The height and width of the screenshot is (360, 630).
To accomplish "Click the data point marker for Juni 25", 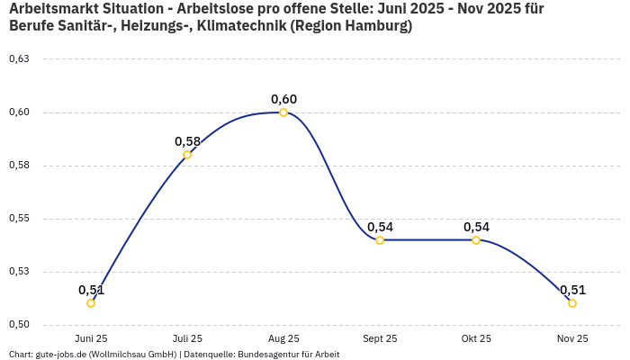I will coord(91,303).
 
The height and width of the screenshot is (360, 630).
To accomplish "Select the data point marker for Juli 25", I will coord(187,155).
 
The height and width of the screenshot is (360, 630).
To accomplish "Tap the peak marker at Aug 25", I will coord(283,112).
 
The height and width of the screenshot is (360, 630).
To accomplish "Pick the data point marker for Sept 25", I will coord(380,240).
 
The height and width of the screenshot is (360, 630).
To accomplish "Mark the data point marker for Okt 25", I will coord(476,240).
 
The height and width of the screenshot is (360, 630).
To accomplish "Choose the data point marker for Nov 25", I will coord(572,303).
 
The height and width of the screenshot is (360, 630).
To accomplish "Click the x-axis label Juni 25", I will coord(91,338).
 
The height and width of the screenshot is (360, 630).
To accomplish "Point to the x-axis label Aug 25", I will coord(283,338).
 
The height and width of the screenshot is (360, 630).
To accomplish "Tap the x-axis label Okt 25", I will coord(476,338).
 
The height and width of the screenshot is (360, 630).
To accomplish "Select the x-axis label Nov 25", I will coord(572,338).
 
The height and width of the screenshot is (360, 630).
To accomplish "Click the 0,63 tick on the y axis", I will coord(19,59).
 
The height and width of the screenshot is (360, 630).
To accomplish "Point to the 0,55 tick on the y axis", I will coord(19,219).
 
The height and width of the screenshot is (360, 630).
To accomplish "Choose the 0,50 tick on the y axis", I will coord(19,325).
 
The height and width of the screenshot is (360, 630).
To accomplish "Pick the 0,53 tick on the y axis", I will coord(19,272).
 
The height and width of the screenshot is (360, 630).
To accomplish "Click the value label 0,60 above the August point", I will coord(283,99).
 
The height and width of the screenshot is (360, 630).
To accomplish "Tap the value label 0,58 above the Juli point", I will coord(187,141).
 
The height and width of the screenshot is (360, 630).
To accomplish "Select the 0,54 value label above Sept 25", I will coord(380,227).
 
